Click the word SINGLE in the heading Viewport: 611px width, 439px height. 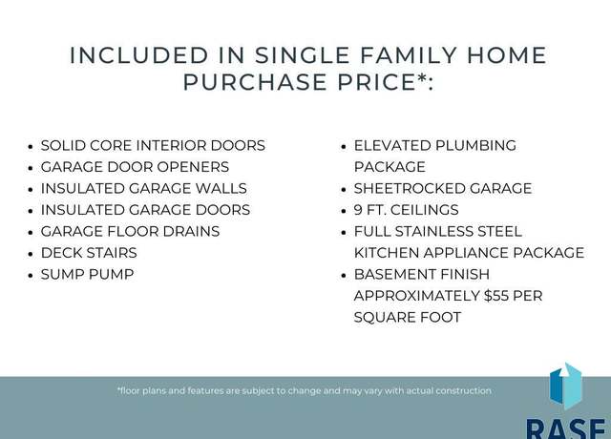pyautogui.click(x=303, y=55)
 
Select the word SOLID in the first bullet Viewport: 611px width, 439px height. pyautogui.click(x=63, y=146)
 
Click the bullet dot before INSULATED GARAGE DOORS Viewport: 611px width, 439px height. pyautogui.click(x=31, y=211)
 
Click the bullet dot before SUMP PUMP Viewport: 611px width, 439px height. pyautogui.click(x=31, y=276)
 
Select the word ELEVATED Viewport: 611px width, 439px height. pyautogui.click(x=391, y=146)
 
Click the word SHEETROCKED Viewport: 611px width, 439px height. pyautogui.click(x=410, y=189)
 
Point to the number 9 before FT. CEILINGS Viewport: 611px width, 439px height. pyautogui.click(x=358, y=210)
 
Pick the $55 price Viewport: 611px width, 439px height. pyautogui.click(x=496, y=296)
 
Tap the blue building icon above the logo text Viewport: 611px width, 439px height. pyautogui.click(x=565, y=387)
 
